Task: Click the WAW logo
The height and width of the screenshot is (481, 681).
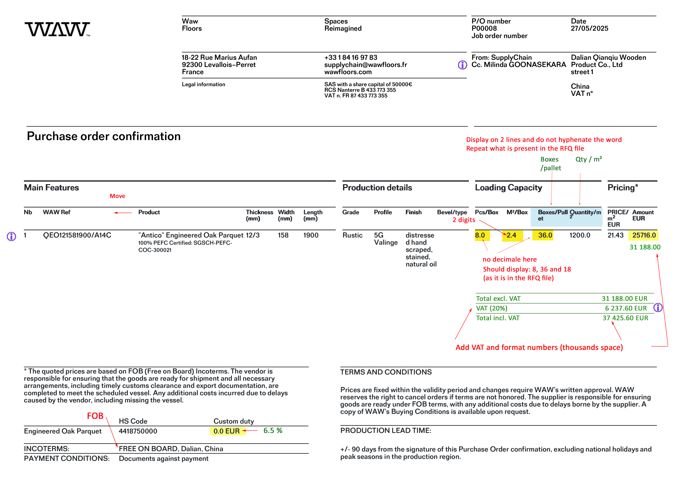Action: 57,29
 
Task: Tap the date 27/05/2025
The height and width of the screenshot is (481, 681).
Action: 589,29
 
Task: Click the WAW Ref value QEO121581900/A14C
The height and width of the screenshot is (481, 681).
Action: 77,235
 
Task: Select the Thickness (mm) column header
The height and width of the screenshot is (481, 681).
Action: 259,215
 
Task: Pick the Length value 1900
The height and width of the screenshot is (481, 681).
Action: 311,235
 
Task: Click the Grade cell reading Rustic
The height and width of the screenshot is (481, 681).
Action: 352,235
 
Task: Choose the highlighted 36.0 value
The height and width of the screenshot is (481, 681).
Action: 545,235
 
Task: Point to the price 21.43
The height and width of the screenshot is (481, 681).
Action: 615,235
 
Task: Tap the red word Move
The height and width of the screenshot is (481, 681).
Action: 117,196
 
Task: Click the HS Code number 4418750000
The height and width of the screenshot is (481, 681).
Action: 138,431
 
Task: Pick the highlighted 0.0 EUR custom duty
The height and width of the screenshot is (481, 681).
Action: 226,431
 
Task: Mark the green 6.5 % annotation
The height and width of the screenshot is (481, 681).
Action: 273,431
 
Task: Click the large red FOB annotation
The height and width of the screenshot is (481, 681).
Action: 95,416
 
